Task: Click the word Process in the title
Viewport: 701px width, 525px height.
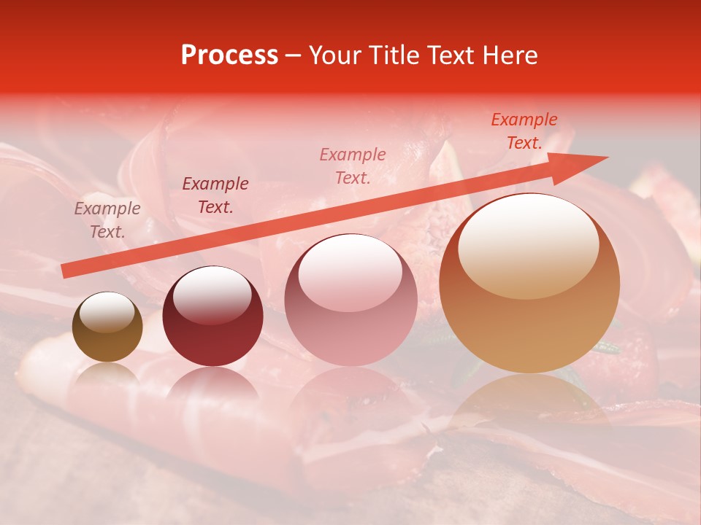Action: [x=229, y=55]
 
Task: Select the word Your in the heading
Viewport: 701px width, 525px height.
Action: [x=336, y=55]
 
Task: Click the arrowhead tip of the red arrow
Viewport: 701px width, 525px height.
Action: [x=608, y=157]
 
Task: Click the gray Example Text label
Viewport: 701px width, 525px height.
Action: [x=107, y=220]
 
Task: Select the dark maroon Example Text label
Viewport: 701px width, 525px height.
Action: [x=215, y=195]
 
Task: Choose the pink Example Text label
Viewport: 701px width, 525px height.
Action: [x=353, y=166]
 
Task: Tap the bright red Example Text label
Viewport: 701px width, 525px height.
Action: [x=524, y=131]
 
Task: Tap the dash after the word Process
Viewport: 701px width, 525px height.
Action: [x=294, y=56]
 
